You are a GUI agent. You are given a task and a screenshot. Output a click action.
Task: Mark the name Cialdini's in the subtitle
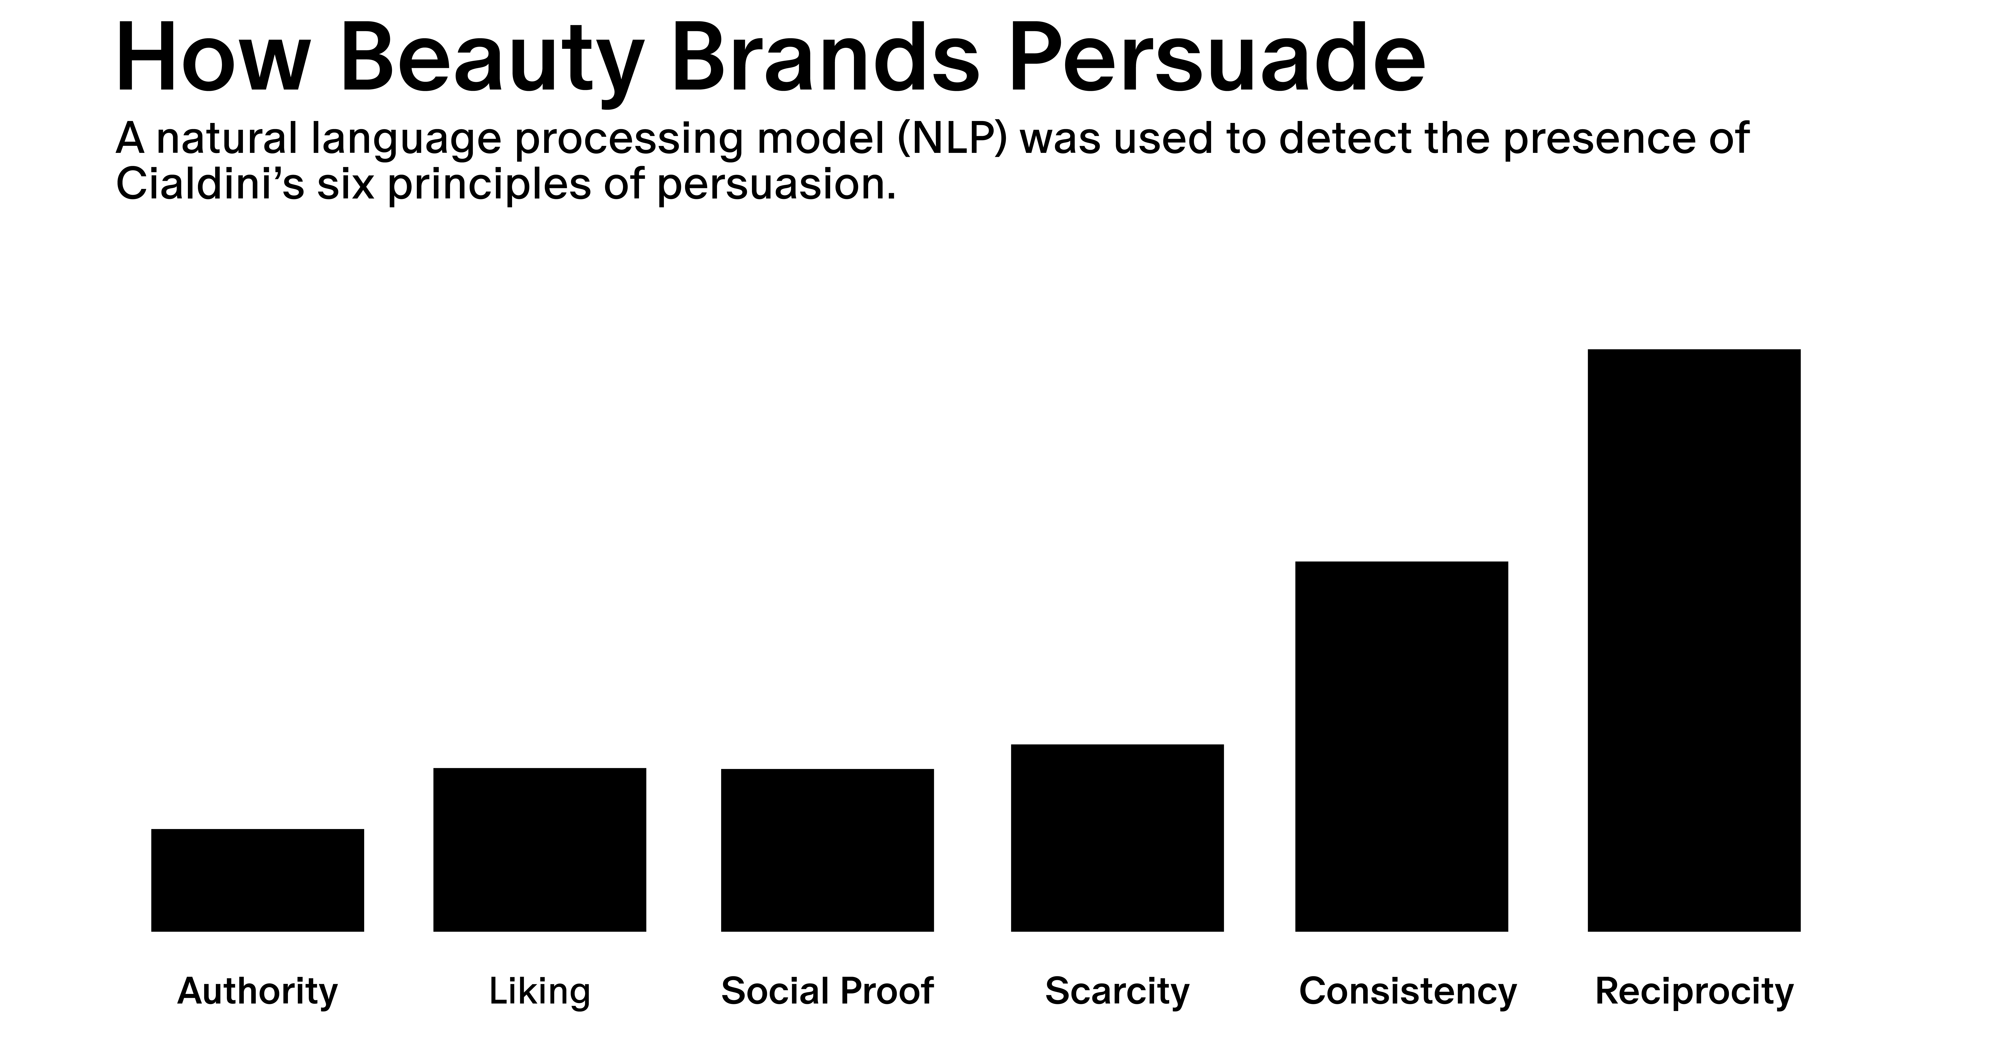(210, 185)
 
